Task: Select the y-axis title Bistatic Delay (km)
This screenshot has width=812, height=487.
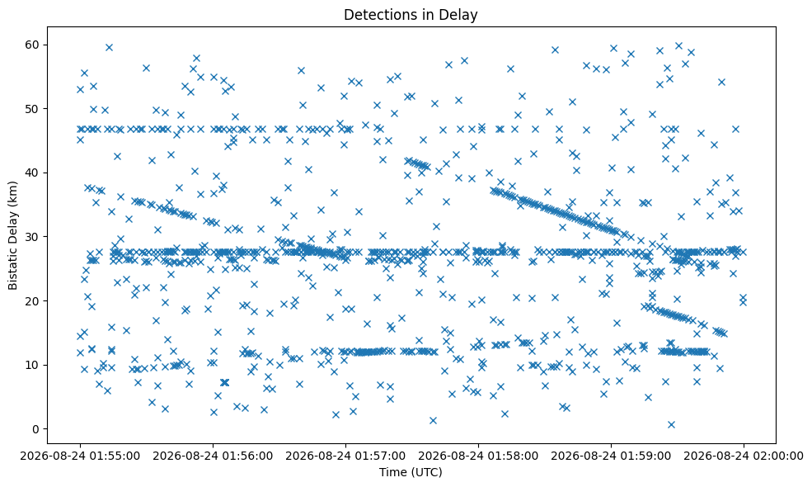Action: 13,235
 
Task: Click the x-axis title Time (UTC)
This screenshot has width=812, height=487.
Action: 411,472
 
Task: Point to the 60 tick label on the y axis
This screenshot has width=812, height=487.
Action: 32,45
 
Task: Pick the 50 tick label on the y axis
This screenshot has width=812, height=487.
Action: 32,109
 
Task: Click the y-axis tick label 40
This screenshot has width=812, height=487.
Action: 32,173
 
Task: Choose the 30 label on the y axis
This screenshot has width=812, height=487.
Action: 32,237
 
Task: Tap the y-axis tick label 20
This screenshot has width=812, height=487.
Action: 32,301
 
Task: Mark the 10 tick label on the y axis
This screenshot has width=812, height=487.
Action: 32,365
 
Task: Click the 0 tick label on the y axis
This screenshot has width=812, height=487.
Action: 35,429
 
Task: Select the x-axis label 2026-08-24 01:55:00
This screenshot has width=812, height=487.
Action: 80,456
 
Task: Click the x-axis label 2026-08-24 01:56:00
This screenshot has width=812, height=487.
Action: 213,456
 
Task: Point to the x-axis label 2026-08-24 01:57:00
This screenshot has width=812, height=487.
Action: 345,456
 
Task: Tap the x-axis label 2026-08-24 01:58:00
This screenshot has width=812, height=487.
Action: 478,456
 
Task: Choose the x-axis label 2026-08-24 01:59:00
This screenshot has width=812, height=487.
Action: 611,456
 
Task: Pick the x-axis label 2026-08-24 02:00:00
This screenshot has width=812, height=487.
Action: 744,456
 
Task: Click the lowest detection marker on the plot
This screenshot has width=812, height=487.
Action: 671,424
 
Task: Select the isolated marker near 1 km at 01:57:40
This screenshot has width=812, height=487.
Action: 433,420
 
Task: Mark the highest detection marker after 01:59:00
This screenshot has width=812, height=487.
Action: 678,45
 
